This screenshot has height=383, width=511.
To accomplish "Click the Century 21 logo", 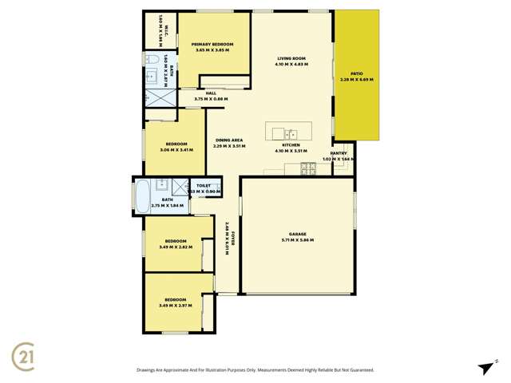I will coord(23,353).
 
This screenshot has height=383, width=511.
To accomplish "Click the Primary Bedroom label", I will coord(212,44).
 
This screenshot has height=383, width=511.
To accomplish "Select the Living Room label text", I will coord(292,58).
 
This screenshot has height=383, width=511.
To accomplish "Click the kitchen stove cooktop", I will coord(307,168).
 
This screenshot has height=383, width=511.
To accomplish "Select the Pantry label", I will coord(339,153).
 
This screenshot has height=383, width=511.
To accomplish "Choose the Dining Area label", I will coord(228,140).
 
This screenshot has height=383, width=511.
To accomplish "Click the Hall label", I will coord(211,93).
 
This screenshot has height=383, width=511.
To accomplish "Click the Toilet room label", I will coord(203,185).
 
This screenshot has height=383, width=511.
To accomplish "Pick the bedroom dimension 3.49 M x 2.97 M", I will coord(176,306).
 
